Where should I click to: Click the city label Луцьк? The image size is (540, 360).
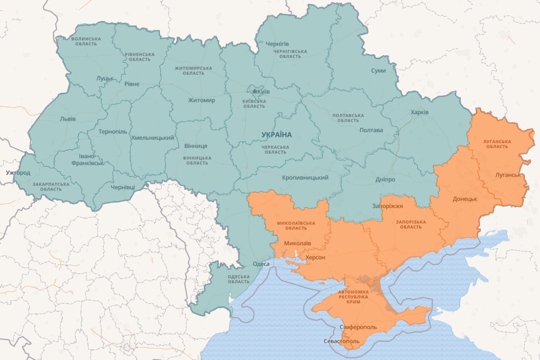105,78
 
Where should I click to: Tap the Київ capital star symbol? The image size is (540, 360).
254,91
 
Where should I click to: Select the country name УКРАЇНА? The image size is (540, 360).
276,135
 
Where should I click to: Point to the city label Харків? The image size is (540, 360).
419,112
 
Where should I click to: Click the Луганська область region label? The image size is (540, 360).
497,144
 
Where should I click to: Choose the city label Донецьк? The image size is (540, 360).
464,199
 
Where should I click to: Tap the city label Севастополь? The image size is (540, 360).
342,341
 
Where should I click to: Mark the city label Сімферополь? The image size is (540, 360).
358,327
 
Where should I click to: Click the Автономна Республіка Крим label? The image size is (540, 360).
353,297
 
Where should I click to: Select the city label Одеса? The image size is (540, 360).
261,264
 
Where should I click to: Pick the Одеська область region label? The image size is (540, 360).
238,279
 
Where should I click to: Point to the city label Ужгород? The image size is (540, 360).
18,173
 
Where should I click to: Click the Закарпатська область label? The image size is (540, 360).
51,187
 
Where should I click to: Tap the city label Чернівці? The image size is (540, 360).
123,187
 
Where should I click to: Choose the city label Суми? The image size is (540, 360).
378,70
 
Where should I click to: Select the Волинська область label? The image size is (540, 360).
86,41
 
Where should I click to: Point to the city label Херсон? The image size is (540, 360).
315,257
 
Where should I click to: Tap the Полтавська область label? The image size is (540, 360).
348,118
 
